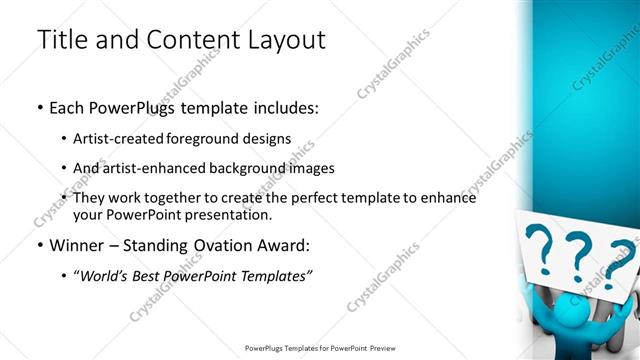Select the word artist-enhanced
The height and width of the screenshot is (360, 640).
[x=159, y=168]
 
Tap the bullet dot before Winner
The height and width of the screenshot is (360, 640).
[x=41, y=245]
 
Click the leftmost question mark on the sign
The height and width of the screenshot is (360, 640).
[x=541, y=249]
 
